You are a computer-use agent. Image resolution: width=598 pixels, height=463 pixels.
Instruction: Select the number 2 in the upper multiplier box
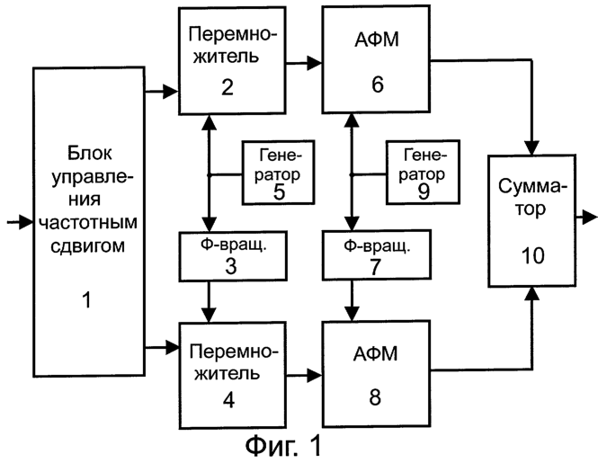point(228,88)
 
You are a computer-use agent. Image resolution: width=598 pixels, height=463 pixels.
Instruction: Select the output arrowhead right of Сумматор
point(589,217)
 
